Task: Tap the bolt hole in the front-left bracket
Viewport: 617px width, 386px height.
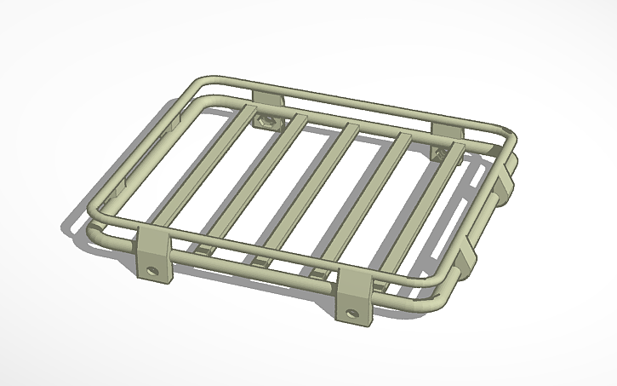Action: pos(154,272)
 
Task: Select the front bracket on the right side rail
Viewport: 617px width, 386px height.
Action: pos(470,254)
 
